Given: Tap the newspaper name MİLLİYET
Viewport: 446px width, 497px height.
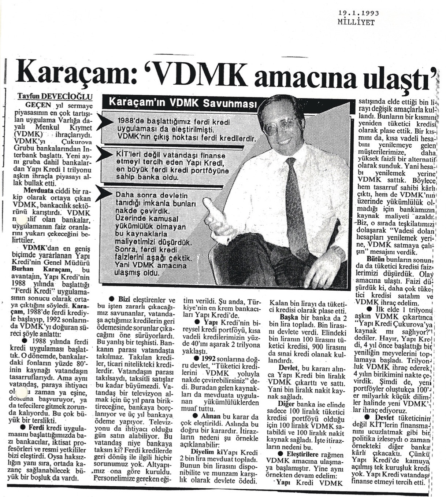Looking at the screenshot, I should click(x=356, y=23).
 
